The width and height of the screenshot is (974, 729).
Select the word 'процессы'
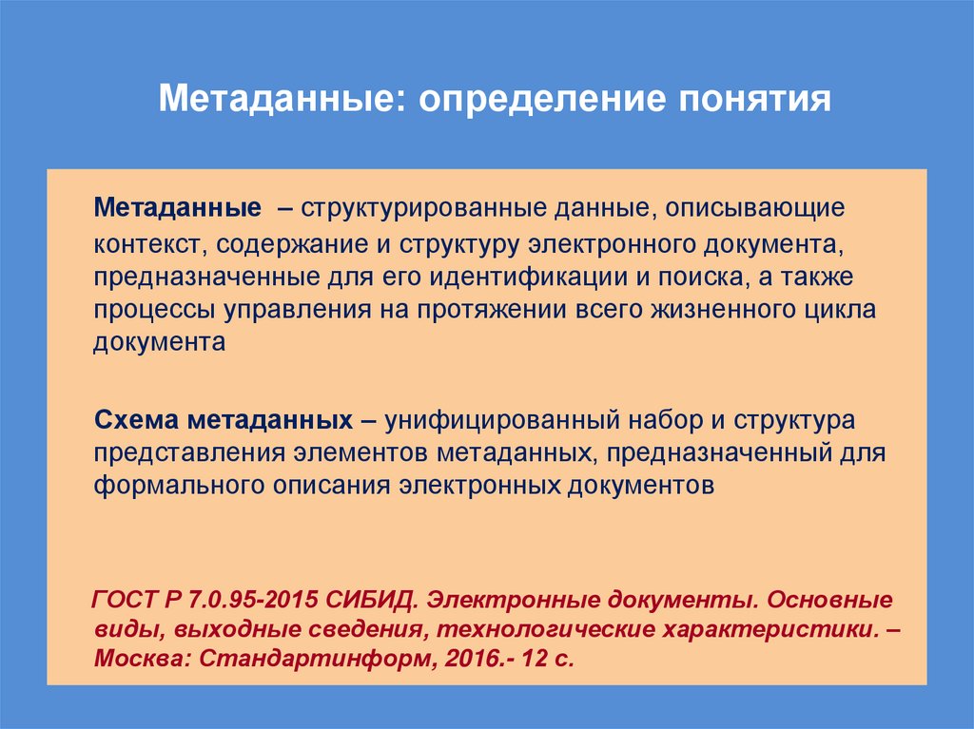[154, 310]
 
